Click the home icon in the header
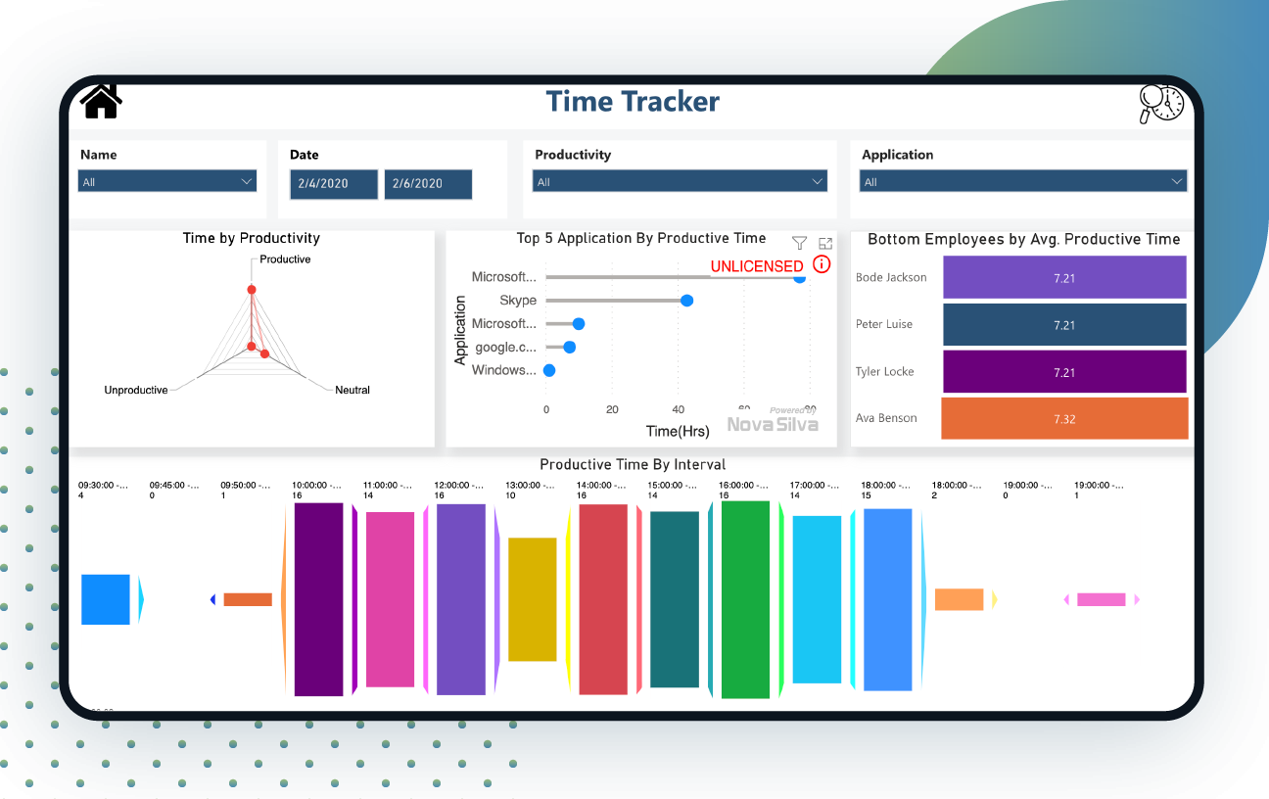pos(100,101)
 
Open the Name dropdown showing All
pos(167,181)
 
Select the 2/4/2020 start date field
pos(334,183)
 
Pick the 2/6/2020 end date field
pos(428,183)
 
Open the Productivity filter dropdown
pos(680,181)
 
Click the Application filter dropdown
pos(1022,181)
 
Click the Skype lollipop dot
pos(686,301)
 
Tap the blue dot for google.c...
pos(569,347)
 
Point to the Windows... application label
pos(504,370)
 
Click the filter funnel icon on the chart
pos(799,243)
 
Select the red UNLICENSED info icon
pos(822,264)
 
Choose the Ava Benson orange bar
pos(1064,418)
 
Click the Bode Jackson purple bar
pos(1064,277)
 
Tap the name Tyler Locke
pos(884,371)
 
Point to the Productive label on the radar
pos(285,259)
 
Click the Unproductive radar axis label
pos(136,390)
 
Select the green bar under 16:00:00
pos(746,599)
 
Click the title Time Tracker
pos(633,102)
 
